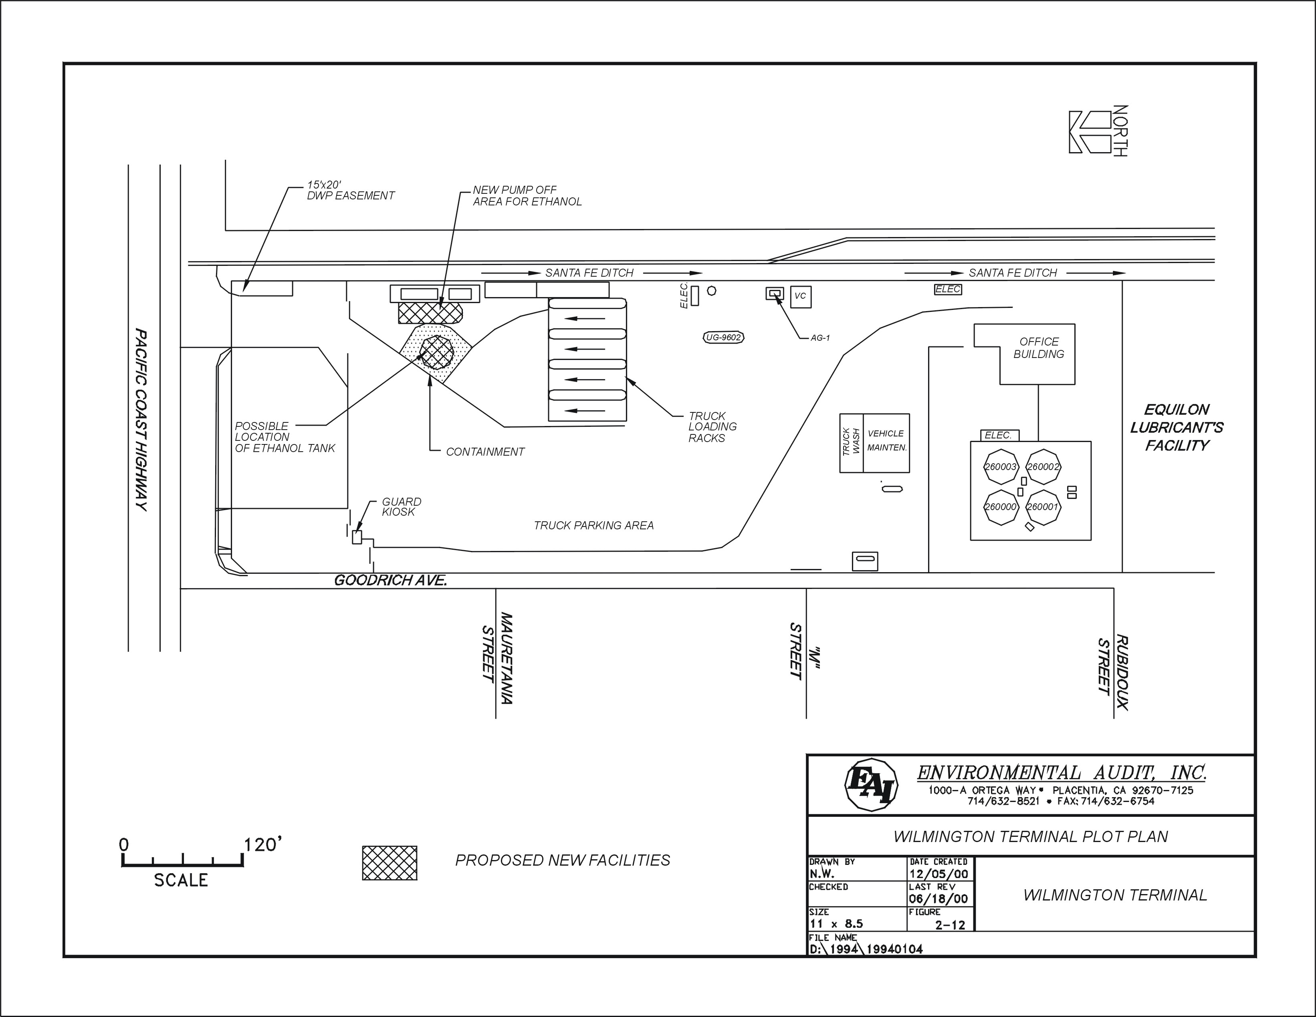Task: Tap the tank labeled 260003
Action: point(1000,466)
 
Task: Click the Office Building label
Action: point(1038,348)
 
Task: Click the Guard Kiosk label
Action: point(401,506)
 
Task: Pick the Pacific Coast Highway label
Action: point(141,420)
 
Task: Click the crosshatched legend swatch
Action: point(389,863)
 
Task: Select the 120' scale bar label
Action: point(263,845)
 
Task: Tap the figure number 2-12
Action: point(950,925)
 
